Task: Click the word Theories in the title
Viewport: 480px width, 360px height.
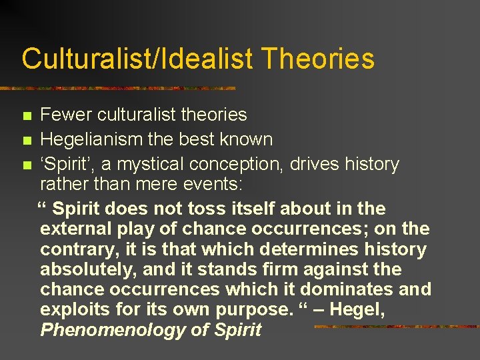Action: click(318, 59)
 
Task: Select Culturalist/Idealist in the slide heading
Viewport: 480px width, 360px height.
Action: click(137, 59)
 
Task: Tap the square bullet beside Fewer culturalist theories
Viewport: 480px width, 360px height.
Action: click(27, 116)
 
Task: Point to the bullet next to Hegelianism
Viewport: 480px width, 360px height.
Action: click(27, 141)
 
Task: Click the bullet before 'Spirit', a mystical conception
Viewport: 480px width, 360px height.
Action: click(27, 165)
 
